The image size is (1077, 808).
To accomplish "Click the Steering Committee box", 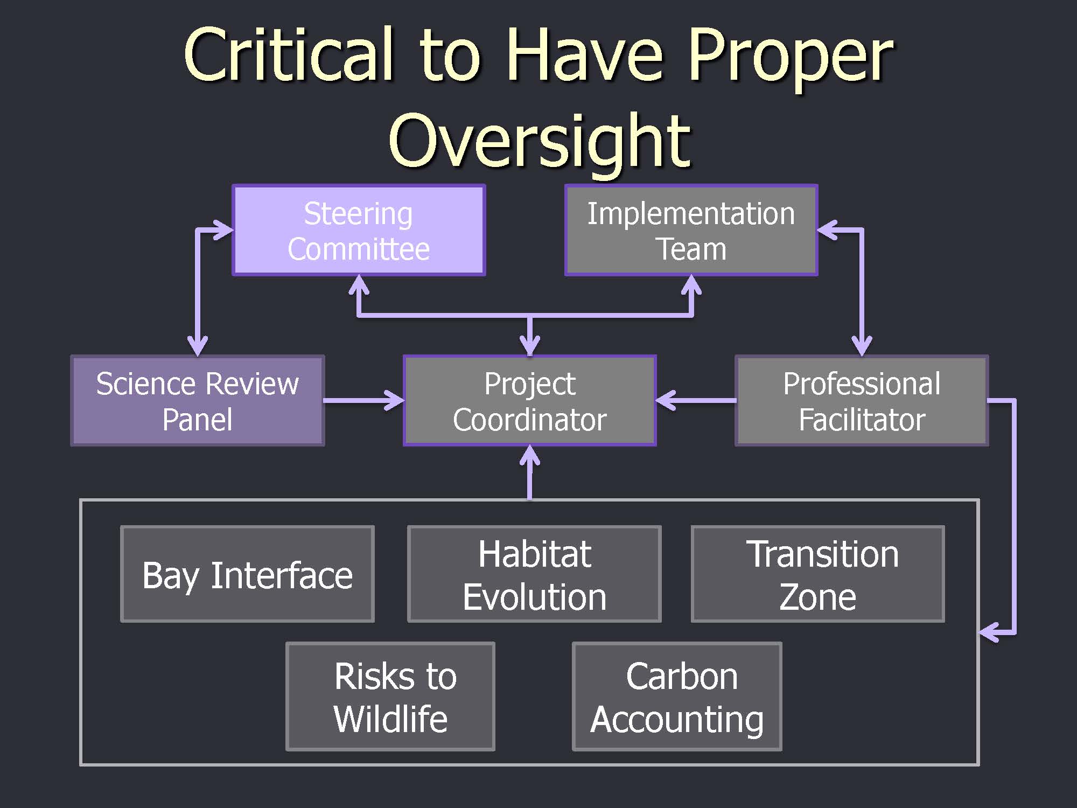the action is click(359, 231).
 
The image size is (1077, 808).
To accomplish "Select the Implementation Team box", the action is click(691, 231).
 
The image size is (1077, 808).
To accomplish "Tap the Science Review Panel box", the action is click(198, 401).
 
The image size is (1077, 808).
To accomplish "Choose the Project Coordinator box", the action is click(530, 401).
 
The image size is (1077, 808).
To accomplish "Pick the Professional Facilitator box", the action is click(862, 401).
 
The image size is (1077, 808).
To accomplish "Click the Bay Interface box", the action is click(247, 574).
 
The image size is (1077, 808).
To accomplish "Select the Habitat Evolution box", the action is click(534, 574).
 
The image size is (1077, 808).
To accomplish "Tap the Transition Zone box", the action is click(818, 574).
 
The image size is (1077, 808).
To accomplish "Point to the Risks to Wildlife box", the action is click(390, 696).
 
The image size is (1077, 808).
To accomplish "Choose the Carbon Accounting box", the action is click(677, 696).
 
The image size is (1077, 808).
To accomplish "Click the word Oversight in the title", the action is click(540, 141).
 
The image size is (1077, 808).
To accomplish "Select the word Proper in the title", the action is click(791, 59).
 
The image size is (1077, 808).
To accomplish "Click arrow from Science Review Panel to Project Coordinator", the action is click(364, 400).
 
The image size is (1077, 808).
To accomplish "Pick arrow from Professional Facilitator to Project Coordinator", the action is click(696, 400).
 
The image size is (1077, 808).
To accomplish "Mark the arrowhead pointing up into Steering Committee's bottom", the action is click(359, 284).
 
